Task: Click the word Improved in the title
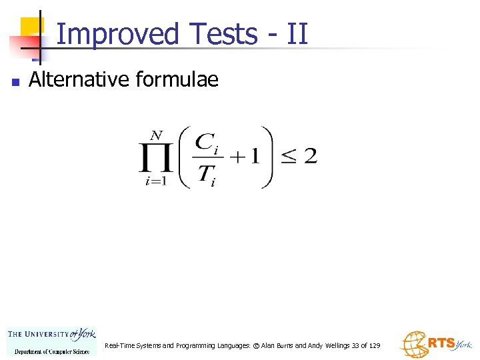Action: click(x=118, y=33)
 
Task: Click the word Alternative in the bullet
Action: click(x=80, y=80)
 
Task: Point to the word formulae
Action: click(x=177, y=80)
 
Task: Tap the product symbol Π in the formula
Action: click(x=156, y=159)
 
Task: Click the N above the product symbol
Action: click(x=157, y=135)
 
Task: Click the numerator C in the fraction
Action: click(x=204, y=142)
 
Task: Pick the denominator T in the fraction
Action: click(x=205, y=175)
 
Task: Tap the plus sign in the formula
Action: click(x=237, y=158)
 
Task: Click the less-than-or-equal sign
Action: click(x=287, y=158)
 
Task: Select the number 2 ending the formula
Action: click(x=310, y=157)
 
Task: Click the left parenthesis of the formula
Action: click(x=184, y=158)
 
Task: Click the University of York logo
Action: click(x=51, y=341)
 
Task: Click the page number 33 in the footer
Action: click(x=355, y=345)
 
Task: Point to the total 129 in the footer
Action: click(x=374, y=345)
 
